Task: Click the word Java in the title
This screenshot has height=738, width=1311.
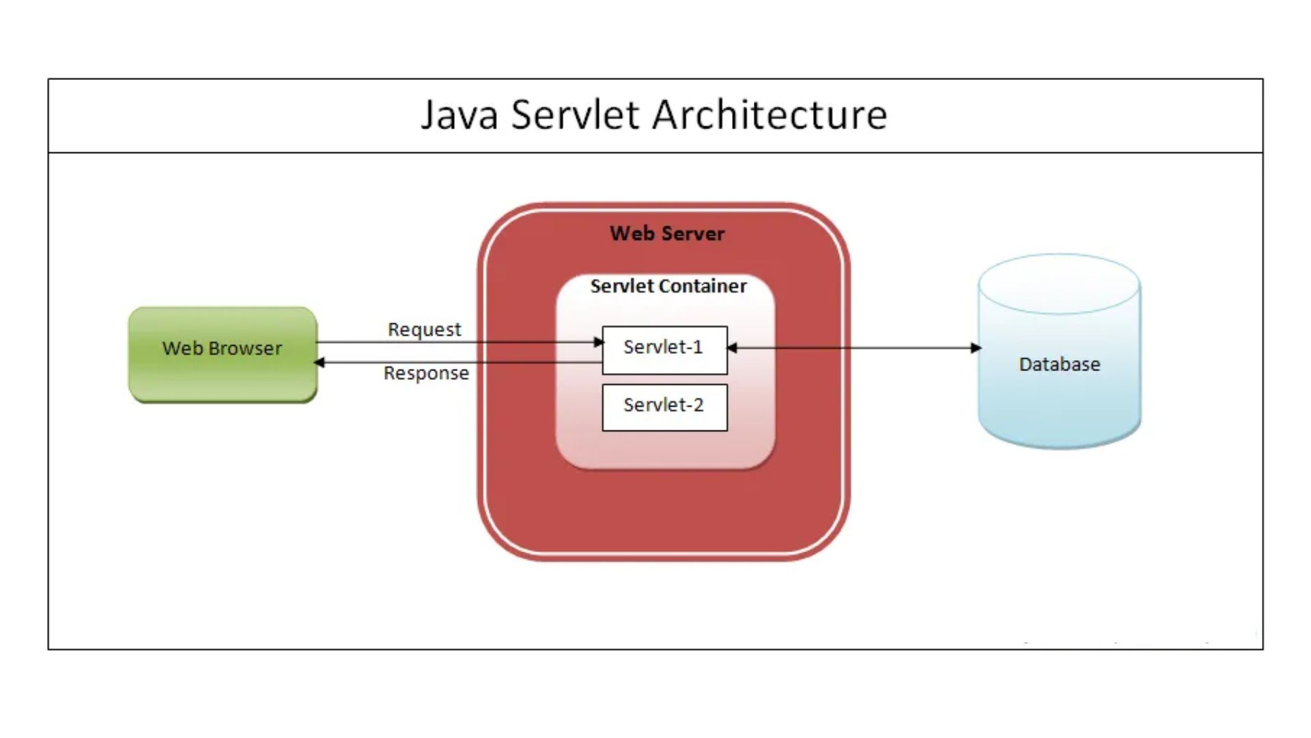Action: (459, 114)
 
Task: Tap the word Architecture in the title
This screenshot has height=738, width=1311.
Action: (770, 114)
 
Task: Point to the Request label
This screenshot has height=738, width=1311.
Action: (424, 329)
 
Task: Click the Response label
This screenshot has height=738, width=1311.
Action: (426, 373)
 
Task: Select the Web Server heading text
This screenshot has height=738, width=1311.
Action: (667, 234)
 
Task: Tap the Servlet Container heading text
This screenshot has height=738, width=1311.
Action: (668, 286)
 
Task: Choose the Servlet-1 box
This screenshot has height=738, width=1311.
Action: (664, 350)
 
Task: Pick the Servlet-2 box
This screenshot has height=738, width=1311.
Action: (664, 407)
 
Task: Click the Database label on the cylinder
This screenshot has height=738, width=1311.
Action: (1059, 364)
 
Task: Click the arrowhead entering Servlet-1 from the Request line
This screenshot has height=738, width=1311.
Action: (599, 342)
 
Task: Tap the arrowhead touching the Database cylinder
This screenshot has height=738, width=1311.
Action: (976, 348)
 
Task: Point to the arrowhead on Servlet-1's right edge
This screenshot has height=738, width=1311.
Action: (732, 348)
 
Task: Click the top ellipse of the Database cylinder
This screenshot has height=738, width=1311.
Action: (1059, 284)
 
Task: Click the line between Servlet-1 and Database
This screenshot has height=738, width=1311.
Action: (854, 348)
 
